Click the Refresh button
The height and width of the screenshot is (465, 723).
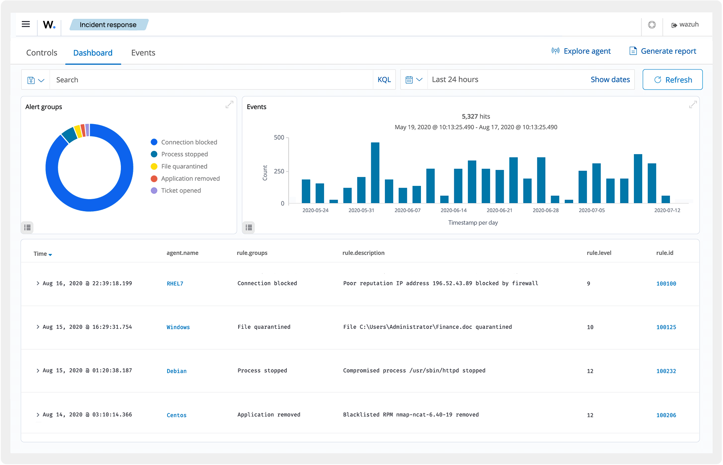click(672, 80)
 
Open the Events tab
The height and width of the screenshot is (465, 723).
click(143, 53)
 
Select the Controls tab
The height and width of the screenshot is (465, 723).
click(42, 53)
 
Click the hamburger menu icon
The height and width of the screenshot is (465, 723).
click(26, 24)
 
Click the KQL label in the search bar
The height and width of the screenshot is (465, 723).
click(384, 80)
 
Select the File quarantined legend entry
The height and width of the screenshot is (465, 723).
click(184, 166)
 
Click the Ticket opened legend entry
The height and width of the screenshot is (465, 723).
click(181, 190)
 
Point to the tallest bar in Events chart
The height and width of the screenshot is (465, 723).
click(375, 173)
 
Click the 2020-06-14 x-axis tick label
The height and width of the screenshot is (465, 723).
click(453, 210)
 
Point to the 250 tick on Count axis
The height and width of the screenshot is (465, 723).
click(279, 171)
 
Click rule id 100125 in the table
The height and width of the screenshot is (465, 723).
click(666, 327)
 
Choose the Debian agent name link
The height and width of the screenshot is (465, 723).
click(176, 371)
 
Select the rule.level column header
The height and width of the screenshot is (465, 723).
click(599, 253)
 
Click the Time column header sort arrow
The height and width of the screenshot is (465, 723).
click(50, 255)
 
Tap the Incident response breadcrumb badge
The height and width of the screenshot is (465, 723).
click(108, 25)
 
